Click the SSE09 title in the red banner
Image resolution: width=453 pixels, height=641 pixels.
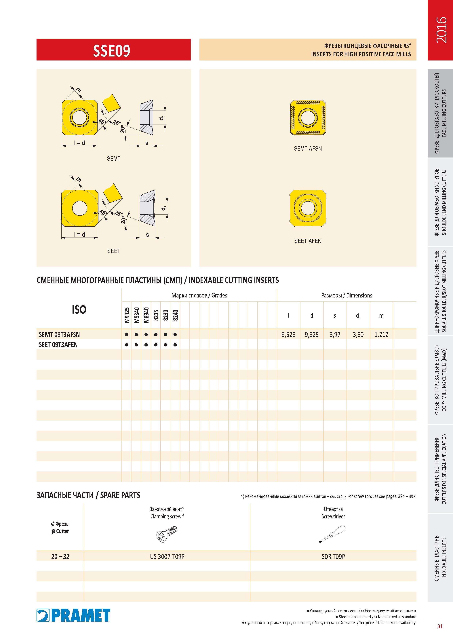(112, 51)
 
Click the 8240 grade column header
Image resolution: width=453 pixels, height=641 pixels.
(175, 315)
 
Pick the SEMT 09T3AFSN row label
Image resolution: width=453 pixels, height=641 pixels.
(59, 334)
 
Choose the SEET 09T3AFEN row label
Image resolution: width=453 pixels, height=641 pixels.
(58, 344)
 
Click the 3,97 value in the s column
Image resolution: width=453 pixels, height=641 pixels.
(335, 334)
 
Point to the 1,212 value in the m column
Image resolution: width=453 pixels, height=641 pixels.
(381, 334)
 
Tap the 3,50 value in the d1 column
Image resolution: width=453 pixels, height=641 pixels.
(358, 334)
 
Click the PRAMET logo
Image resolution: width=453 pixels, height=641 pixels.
(73, 615)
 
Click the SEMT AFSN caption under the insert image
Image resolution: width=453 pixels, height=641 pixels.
(308, 149)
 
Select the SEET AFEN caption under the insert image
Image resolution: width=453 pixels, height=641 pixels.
(308, 241)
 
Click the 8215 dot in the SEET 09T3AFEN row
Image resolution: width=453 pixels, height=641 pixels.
(156, 345)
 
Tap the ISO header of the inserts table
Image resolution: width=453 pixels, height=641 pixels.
(79, 309)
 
